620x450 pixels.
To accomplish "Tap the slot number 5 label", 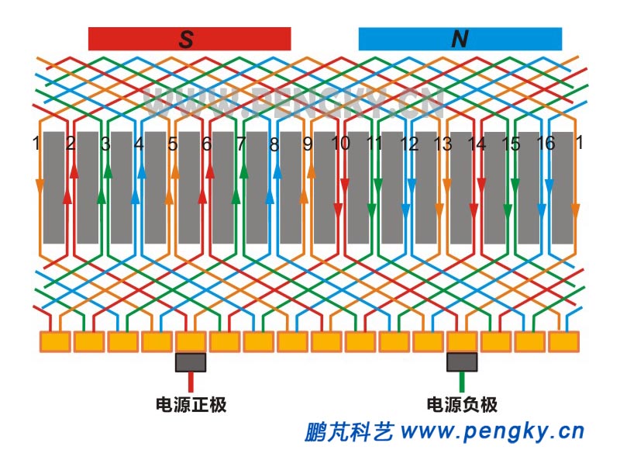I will tap(173, 144).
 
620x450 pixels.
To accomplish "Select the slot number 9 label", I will tap(308, 144).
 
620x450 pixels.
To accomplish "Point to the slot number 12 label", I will tap(409, 144).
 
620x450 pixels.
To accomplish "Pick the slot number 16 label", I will tap(546, 144).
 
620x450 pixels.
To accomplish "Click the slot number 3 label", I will tap(105, 144).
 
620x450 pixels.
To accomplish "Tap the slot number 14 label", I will tap(477, 144).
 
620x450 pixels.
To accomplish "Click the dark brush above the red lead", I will tap(191, 362).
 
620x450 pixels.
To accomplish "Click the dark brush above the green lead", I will tap(462, 362).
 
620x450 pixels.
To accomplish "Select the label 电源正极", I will tap(191, 405).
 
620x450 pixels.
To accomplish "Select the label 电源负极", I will tap(463, 405).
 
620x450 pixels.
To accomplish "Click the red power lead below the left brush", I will tap(191, 382).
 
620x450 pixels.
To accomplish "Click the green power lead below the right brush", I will tap(462, 382).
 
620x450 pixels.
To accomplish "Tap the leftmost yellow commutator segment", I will tap(54, 341).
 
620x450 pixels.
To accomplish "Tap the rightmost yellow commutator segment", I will tap(563, 341).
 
